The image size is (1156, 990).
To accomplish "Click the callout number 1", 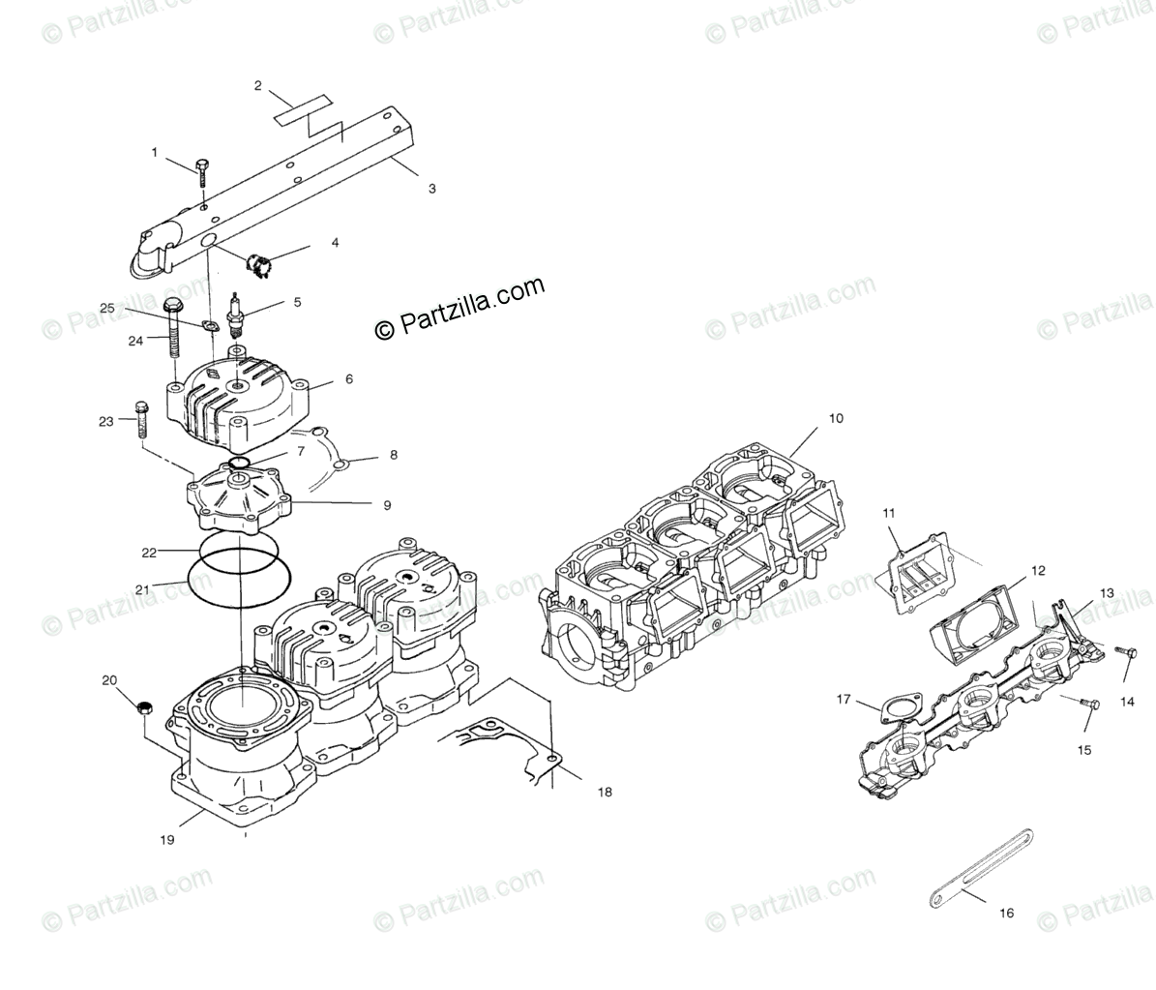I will (x=153, y=152).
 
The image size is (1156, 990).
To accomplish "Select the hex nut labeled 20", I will (x=142, y=708).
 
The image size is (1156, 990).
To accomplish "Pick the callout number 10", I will (x=835, y=418).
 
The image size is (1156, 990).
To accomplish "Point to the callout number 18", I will (x=605, y=792).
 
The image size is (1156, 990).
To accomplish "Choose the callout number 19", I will (x=167, y=840).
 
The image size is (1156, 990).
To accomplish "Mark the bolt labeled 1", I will (x=201, y=172).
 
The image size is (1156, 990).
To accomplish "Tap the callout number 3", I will (x=431, y=189).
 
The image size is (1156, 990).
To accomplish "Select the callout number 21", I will (x=141, y=589).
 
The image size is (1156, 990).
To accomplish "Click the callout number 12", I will (x=1037, y=571).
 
